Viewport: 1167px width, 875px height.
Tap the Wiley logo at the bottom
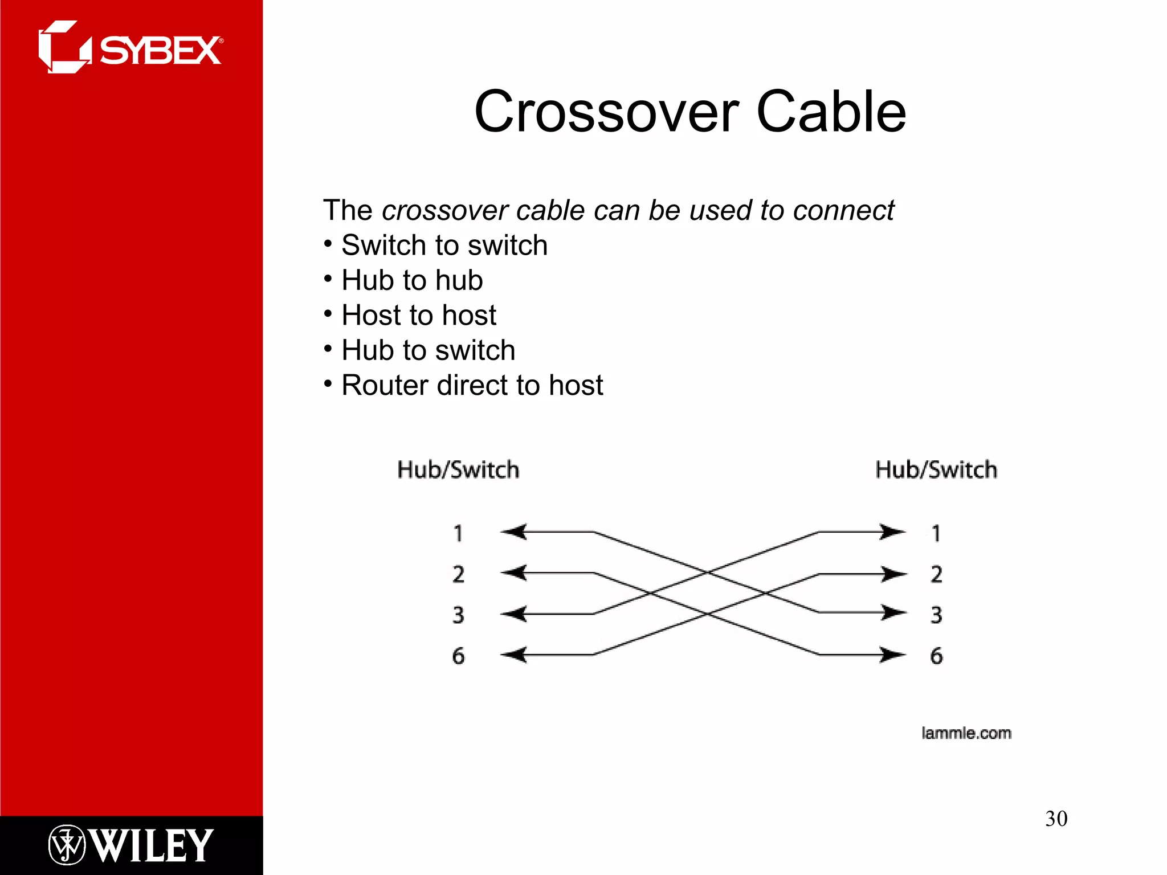coord(131,845)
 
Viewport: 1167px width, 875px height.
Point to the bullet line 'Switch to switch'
coord(444,246)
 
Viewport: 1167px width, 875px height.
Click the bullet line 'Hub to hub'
coord(411,280)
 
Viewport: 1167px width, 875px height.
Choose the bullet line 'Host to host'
coord(418,316)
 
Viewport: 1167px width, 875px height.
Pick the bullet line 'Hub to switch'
coord(428,350)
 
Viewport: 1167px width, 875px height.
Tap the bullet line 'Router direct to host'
coord(472,386)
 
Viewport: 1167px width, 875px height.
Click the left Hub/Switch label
coord(458,470)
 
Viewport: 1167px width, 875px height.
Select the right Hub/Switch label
coord(936,470)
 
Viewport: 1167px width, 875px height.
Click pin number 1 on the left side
coord(458,533)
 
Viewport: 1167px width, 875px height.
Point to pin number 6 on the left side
coord(458,656)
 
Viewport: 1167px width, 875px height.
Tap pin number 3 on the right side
coord(936,615)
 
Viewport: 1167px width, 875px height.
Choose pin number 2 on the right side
coord(936,574)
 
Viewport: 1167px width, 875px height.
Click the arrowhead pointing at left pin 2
coord(514,573)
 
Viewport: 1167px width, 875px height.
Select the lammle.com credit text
coord(966,733)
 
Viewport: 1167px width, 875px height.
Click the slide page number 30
coord(1056,819)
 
